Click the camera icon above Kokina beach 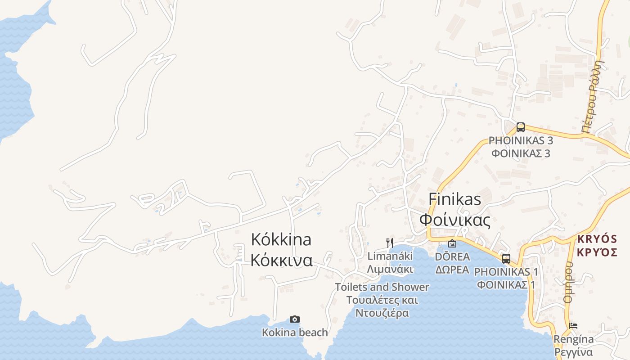click(x=295, y=319)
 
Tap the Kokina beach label click(x=295, y=333)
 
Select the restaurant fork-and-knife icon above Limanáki click(x=390, y=243)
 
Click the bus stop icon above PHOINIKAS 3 click(x=521, y=127)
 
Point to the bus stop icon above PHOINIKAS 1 click(x=506, y=259)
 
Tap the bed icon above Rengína click(x=573, y=326)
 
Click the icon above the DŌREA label click(x=452, y=243)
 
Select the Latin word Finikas click(x=455, y=199)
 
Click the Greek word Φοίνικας click(x=454, y=220)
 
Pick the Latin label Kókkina click(x=281, y=239)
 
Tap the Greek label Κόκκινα click(x=282, y=260)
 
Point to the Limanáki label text click(x=390, y=256)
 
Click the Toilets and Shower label click(x=382, y=287)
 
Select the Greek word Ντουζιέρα click(x=382, y=313)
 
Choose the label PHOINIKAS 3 click(x=521, y=140)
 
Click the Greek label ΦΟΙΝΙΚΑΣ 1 click(x=506, y=285)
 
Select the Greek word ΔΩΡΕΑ click(x=452, y=270)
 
